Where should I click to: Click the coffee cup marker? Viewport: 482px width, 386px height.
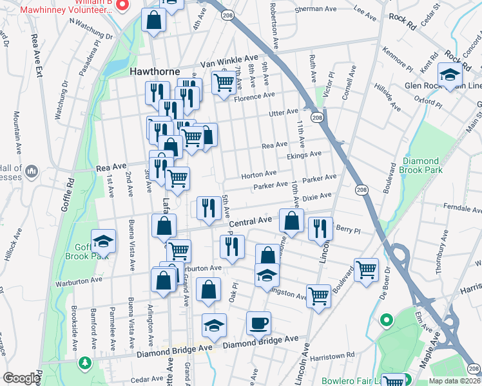[258, 324]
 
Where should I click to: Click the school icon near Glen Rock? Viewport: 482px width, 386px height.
[450, 75]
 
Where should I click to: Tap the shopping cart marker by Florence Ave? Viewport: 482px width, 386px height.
[224, 83]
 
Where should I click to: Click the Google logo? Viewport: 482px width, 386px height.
[21, 378]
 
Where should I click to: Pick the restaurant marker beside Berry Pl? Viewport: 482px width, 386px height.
[320, 229]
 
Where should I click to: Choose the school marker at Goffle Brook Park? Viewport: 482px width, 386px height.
[103, 241]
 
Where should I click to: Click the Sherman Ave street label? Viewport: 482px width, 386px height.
[316, 10]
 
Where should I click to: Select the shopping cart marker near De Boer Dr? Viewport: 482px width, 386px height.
[366, 270]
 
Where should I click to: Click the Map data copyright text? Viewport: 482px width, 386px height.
[455, 380]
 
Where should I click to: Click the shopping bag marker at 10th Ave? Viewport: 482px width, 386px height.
[292, 221]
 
